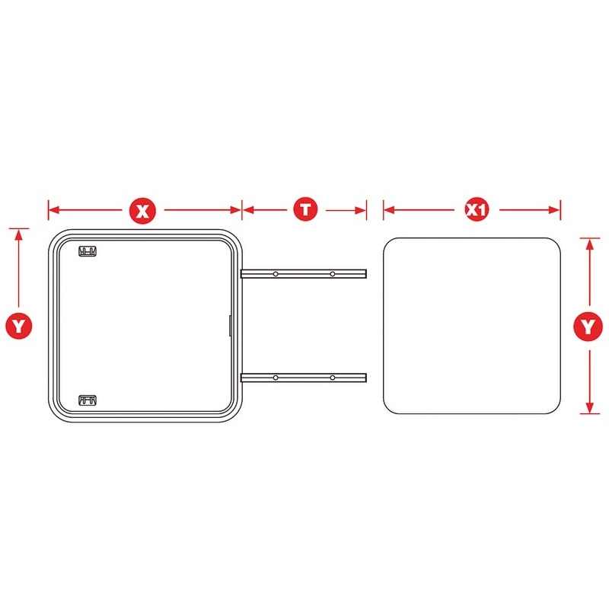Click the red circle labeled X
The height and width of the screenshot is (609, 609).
(143, 212)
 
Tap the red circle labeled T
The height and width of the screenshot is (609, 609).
(306, 209)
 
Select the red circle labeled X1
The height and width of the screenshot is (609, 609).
(477, 210)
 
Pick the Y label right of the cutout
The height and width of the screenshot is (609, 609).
(588, 327)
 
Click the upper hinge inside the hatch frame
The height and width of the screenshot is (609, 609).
(88, 251)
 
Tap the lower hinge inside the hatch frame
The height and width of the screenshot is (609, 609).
(88, 400)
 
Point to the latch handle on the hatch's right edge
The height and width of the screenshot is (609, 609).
(230, 326)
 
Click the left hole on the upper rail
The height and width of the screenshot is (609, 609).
(276, 274)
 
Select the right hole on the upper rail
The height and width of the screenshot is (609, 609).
(333, 274)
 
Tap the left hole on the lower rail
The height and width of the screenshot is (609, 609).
(276, 378)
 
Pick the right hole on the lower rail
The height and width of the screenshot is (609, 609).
(333, 378)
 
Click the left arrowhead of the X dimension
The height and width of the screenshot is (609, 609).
(53, 210)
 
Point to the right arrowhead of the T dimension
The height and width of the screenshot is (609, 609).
(361, 211)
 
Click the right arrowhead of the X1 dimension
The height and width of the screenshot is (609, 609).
(555, 210)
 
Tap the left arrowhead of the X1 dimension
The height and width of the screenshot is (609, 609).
(389, 210)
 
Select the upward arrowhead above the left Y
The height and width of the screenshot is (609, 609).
(18, 234)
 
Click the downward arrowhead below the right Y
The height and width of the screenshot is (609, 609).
(589, 408)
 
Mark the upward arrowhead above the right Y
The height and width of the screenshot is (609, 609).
(589, 244)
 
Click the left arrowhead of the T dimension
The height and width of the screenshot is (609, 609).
(248, 210)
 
